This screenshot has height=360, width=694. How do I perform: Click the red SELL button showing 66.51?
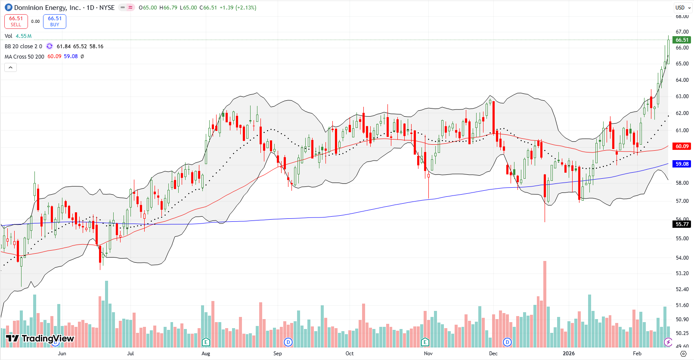pyautogui.click(x=16, y=22)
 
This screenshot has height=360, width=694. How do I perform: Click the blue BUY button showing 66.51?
pyautogui.click(x=55, y=22)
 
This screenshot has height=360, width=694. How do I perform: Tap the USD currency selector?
pyautogui.click(x=682, y=8)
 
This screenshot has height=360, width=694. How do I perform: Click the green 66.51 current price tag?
pyautogui.click(x=682, y=40)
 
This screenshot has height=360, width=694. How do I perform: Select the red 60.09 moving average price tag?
pyautogui.click(x=682, y=146)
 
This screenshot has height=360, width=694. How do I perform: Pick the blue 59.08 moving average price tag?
pyautogui.click(x=682, y=164)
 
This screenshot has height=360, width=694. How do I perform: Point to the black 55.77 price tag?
pyautogui.click(x=682, y=224)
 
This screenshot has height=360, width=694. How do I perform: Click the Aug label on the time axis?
pyautogui.click(x=206, y=354)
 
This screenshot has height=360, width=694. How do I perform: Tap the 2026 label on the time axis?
pyautogui.click(x=569, y=354)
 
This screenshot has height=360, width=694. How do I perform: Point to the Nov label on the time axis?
pyautogui.click(x=428, y=354)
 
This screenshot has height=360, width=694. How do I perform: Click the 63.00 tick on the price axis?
pyautogui.click(x=682, y=96)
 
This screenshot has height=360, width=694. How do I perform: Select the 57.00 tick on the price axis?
pyautogui.click(x=682, y=201)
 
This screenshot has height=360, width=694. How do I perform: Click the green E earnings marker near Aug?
pyautogui.click(x=206, y=342)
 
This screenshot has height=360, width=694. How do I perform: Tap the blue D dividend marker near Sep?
pyautogui.click(x=288, y=342)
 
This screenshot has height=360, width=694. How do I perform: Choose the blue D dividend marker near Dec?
pyautogui.click(x=507, y=342)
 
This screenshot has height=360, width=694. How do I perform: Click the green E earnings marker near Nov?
pyautogui.click(x=425, y=342)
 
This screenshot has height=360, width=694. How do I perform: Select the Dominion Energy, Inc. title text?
pyautogui.click(x=47, y=8)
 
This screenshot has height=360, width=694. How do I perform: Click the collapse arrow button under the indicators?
pyautogui.click(x=11, y=67)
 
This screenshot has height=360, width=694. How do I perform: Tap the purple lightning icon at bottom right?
pyautogui.click(x=668, y=342)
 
